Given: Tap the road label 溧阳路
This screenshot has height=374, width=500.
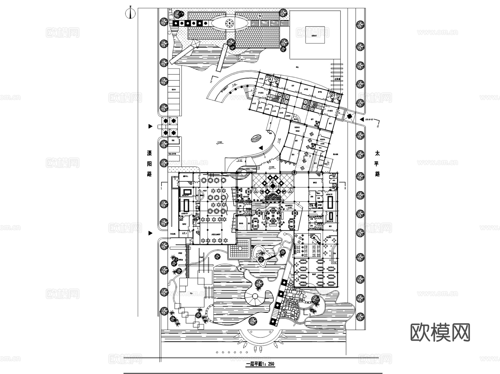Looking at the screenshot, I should (149, 164).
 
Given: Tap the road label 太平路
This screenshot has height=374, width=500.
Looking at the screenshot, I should (377, 164).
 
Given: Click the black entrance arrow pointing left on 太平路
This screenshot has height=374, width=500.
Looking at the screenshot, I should (362, 119).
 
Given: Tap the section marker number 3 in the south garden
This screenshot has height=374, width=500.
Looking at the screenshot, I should (309, 314).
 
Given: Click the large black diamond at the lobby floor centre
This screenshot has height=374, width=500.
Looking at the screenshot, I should (273, 185).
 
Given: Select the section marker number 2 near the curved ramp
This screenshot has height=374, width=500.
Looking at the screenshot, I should (211, 82).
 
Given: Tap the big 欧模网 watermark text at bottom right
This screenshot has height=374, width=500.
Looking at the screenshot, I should (440, 332).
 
